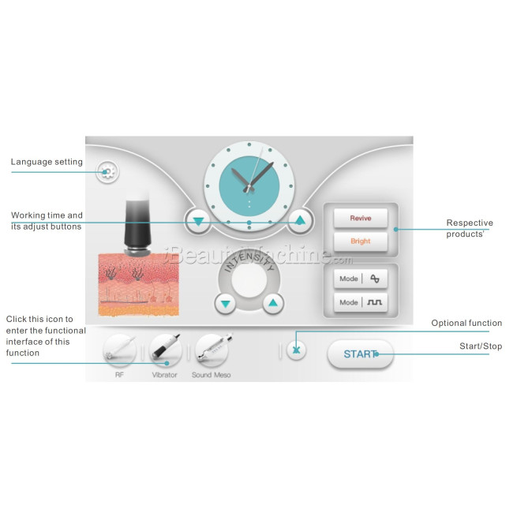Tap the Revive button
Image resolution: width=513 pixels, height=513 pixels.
click(x=360, y=217)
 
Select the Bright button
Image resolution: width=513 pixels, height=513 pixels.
click(x=360, y=241)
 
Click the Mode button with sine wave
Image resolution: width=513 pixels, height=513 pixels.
click(x=360, y=279)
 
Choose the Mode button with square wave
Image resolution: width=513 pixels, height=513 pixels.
click(x=360, y=302)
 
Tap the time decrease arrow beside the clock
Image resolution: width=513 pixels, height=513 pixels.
click(x=199, y=221)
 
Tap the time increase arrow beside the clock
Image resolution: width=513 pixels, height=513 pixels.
click(x=299, y=220)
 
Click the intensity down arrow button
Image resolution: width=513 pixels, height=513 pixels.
click(x=226, y=303)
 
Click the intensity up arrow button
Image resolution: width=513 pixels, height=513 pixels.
click(x=272, y=302)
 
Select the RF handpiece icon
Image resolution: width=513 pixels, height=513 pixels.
click(x=119, y=348)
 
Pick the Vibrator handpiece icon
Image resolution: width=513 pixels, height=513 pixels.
click(x=165, y=348)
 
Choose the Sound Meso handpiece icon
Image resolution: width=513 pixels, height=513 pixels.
click(x=211, y=348)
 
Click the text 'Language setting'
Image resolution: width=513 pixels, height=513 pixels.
click(x=47, y=162)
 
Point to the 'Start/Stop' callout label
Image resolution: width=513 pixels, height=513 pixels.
click(x=480, y=346)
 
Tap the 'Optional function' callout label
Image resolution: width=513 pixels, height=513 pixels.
click(x=466, y=323)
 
